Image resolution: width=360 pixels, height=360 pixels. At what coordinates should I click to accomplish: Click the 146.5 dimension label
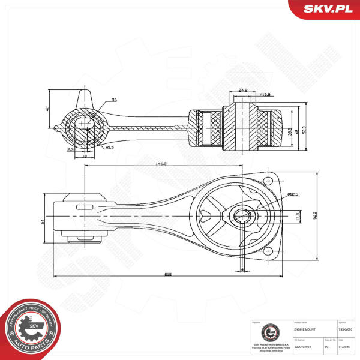click(160, 163)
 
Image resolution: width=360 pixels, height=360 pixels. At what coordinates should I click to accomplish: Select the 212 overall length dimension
click(168, 274)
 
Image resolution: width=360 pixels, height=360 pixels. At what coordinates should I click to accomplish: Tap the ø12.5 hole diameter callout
click(293, 194)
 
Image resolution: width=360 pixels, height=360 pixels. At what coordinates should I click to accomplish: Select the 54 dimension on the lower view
click(43, 221)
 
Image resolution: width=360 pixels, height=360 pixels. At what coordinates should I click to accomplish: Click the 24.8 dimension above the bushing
click(243, 91)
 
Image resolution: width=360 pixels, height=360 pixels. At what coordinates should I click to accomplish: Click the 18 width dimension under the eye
click(84, 155)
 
